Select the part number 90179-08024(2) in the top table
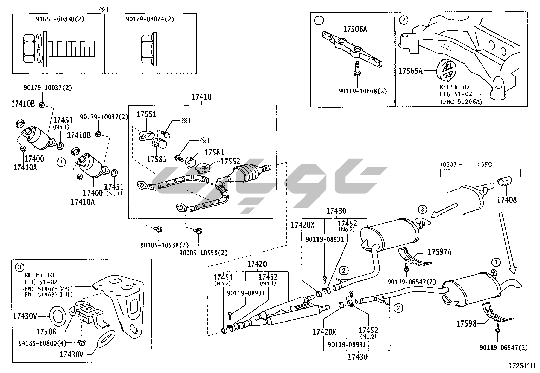tap(150, 19)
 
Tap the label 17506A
tap(355, 29)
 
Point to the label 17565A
tap(410, 71)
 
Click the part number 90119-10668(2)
tap(362, 91)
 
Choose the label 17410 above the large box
tap(201, 97)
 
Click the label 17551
tap(147, 115)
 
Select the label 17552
tap(230, 162)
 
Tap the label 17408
tap(507, 200)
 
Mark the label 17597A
tap(440, 252)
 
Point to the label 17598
tap(466, 323)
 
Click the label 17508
tap(46, 331)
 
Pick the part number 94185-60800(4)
tap(42, 343)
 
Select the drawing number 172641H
tap(521, 366)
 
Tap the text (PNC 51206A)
tap(461, 101)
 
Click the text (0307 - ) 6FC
tap(466, 165)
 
